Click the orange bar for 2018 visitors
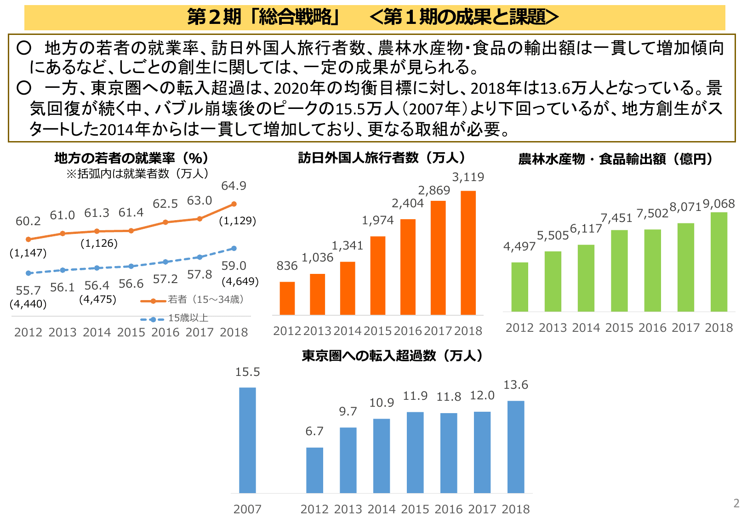(468, 253)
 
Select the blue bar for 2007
(247, 440)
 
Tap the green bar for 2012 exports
(519, 287)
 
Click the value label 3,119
(468, 177)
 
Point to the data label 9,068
(718, 204)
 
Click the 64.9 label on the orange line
(234, 186)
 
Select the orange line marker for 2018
(234, 204)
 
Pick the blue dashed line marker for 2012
(29, 273)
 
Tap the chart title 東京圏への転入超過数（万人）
(393, 356)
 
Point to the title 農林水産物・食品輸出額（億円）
(616, 159)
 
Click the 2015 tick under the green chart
(619, 328)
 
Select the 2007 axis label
(247, 509)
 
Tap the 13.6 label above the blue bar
(516, 385)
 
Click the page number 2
(736, 503)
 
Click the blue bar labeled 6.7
(314, 470)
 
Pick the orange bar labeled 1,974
(377, 275)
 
